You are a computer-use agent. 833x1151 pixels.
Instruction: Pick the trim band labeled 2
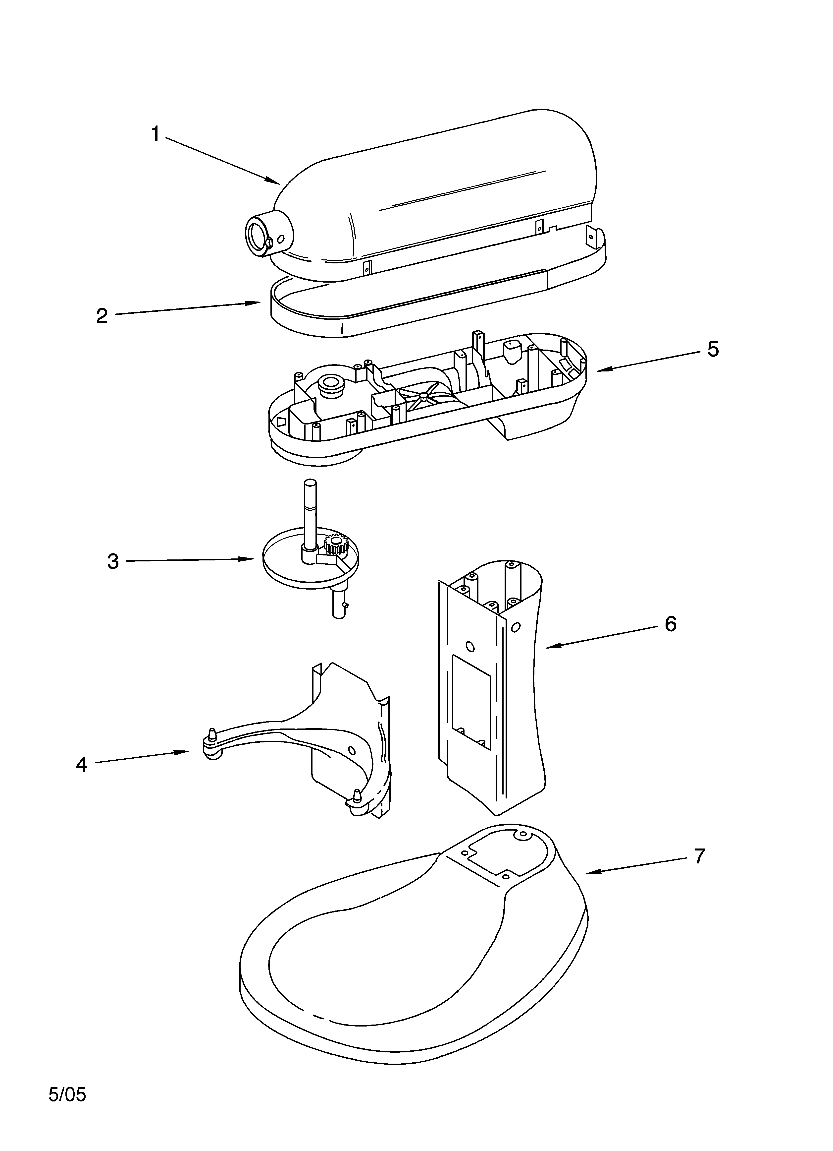304,320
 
